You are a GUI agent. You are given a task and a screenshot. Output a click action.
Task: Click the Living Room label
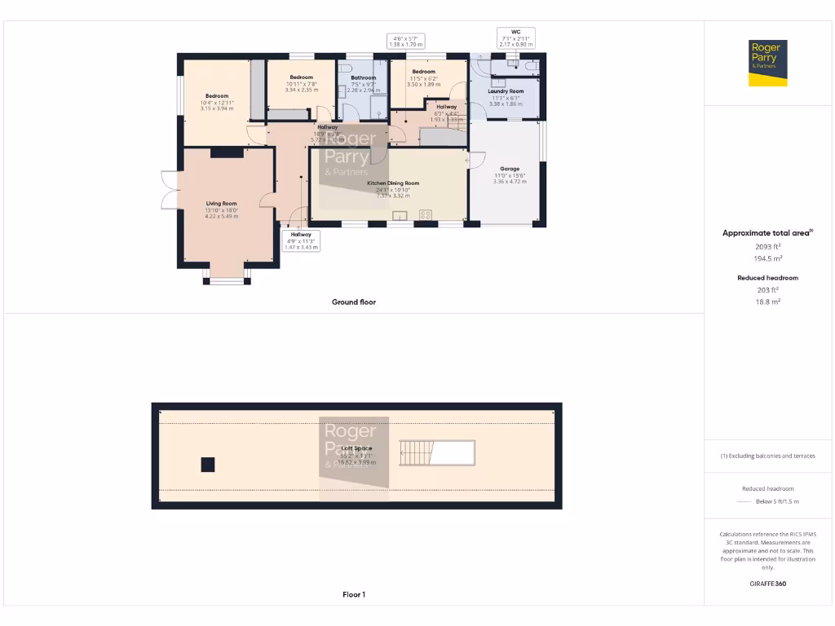[x=221, y=204]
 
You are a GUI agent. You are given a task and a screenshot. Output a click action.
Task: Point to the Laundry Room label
[x=506, y=91]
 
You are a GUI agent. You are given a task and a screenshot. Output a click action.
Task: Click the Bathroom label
[x=363, y=77]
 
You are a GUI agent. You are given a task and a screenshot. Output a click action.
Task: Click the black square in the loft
[x=208, y=465]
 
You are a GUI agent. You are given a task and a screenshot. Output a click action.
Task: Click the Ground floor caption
[x=353, y=302]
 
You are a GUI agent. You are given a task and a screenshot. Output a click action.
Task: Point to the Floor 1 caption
[x=353, y=595]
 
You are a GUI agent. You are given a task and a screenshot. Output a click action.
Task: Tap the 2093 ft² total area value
[x=767, y=245]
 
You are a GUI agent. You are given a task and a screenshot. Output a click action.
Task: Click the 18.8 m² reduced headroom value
[x=767, y=302]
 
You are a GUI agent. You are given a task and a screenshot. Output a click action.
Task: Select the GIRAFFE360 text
[x=767, y=584]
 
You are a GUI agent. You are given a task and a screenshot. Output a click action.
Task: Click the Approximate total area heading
[x=767, y=233]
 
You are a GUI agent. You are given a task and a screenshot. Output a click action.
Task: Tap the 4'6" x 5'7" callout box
[x=405, y=42]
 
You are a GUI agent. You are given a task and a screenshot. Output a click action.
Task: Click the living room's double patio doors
[x=169, y=190]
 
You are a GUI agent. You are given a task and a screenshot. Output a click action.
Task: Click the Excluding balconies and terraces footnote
[x=767, y=456]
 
